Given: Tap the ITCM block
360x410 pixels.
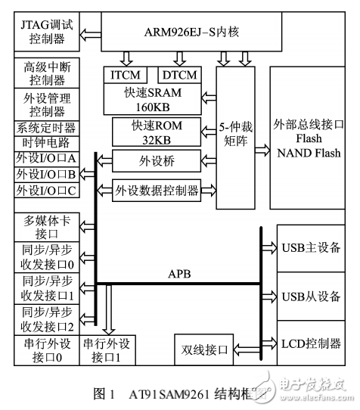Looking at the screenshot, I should point(129,75).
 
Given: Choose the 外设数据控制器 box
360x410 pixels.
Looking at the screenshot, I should point(157,189).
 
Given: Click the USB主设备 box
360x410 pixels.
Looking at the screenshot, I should point(311,247).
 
